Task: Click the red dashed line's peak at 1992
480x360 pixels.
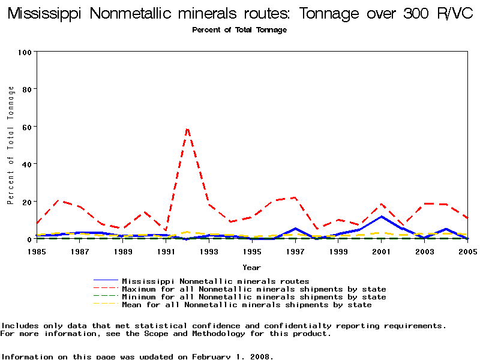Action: coord(187,128)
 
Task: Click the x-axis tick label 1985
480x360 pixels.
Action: coord(37,252)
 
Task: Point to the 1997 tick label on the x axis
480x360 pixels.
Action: coord(295,252)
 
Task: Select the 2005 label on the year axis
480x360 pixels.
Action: coord(467,252)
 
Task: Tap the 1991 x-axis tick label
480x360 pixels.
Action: coord(166,252)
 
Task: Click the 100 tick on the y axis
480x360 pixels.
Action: coord(24,52)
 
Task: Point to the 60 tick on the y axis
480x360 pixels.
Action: coord(26,127)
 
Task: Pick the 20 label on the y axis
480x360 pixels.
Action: coord(26,202)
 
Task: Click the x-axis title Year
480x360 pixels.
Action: coord(251,267)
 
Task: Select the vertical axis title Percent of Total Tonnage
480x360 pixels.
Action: coord(11,145)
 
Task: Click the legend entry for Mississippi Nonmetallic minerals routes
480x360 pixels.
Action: coord(215,281)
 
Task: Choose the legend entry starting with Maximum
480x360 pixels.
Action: coord(254,289)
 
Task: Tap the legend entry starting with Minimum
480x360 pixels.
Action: coord(254,297)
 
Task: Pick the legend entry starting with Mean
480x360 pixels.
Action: coord(247,305)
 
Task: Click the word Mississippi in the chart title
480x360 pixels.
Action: coord(44,14)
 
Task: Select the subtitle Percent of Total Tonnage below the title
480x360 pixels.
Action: coord(239,30)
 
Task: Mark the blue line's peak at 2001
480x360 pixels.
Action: coord(381,217)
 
